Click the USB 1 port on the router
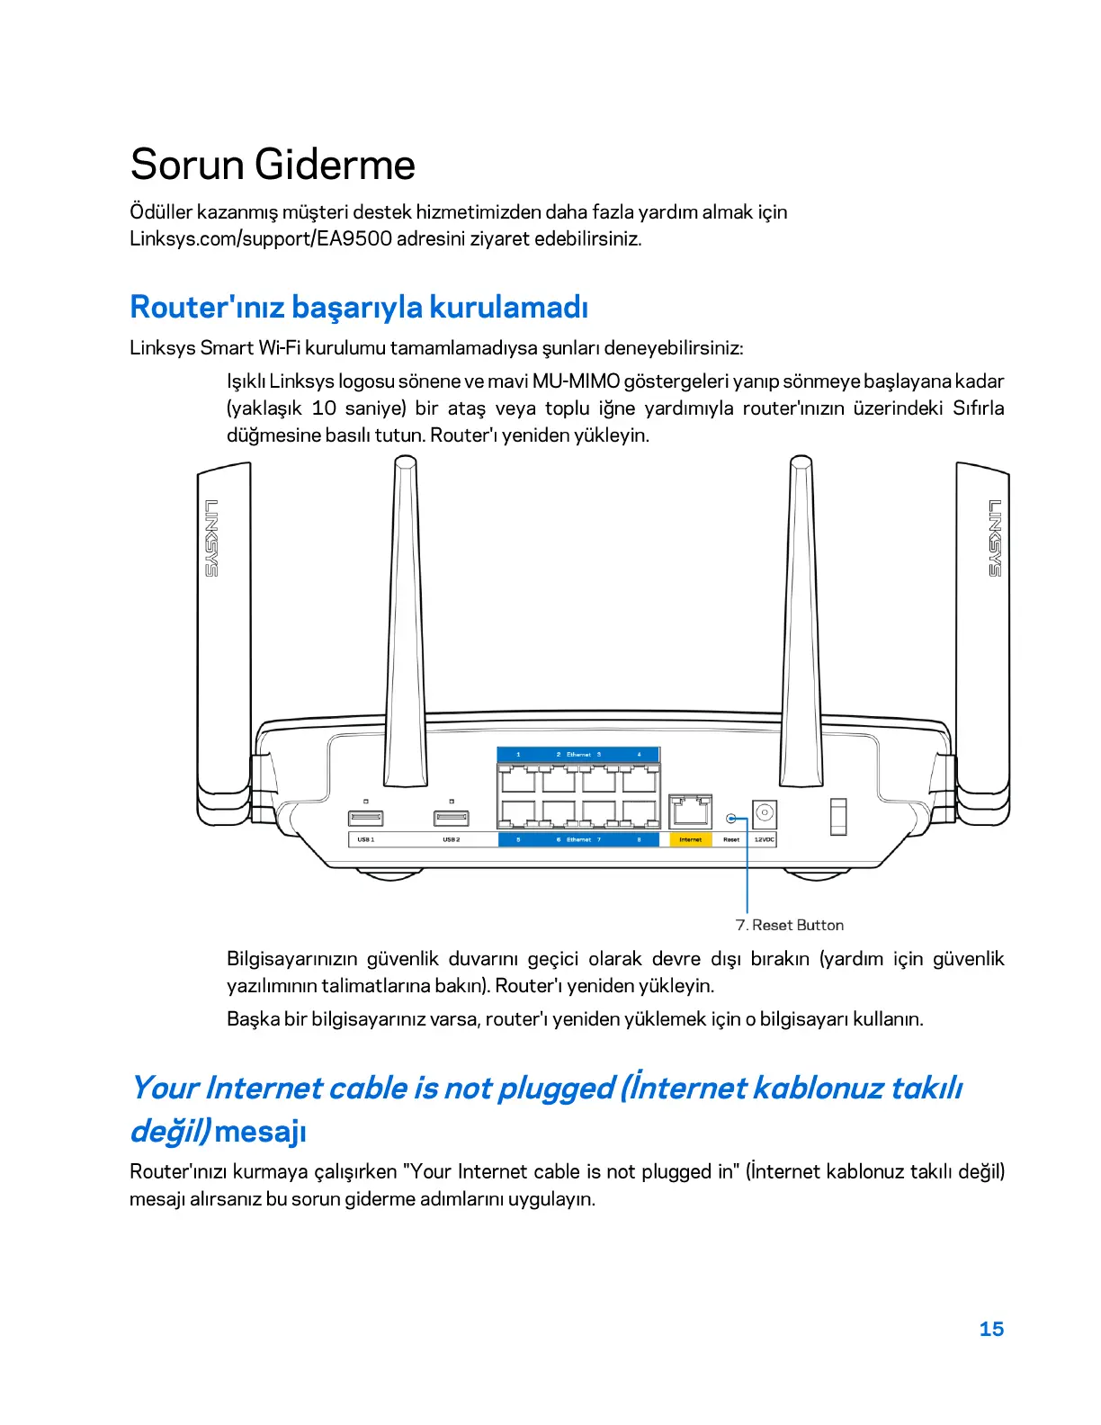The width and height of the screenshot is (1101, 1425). (365, 818)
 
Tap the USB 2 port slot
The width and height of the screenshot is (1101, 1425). (451, 818)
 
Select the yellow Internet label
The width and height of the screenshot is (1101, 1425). (690, 839)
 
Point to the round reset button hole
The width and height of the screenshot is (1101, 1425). (731, 819)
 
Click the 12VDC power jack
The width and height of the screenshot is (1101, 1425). (764, 812)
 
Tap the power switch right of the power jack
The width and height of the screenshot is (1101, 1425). (838, 816)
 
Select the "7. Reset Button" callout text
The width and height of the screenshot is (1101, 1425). (789, 925)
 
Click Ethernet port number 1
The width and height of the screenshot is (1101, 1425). (517, 779)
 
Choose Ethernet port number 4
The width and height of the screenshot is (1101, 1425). (640, 779)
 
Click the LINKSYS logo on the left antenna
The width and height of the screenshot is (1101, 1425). (211, 537)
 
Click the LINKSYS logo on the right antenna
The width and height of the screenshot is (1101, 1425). (995, 537)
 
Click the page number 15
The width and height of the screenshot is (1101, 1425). (991, 1329)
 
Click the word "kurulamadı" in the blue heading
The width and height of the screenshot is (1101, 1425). (508, 307)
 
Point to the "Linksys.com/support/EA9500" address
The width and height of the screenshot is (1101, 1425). (260, 239)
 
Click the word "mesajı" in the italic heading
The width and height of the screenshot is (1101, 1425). (261, 1131)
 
